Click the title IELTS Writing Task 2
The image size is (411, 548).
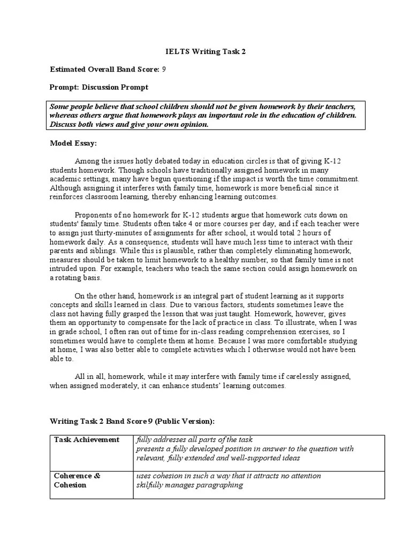pyautogui.click(x=205, y=52)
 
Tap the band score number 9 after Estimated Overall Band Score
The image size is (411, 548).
pyautogui.click(x=164, y=70)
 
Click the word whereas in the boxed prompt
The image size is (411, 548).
pyautogui.click(x=64, y=116)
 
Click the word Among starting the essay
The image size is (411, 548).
pyautogui.click(x=87, y=161)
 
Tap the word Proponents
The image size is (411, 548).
pyautogui.click(x=95, y=215)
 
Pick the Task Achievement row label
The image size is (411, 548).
pyautogui.click(x=87, y=439)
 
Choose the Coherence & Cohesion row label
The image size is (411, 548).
pyautogui.click(x=78, y=480)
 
